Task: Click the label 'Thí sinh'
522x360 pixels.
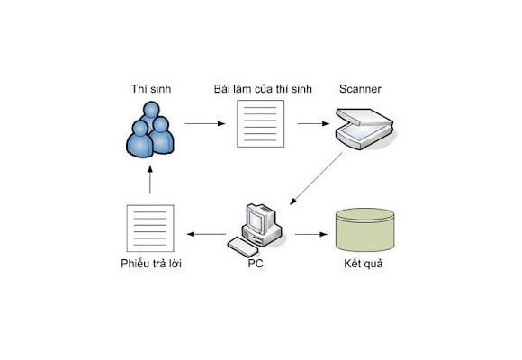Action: point(151,89)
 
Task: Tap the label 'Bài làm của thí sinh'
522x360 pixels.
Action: point(263,89)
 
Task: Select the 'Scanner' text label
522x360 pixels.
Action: point(360,89)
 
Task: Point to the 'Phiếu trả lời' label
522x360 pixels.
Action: point(151,264)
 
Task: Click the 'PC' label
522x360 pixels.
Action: point(256,264)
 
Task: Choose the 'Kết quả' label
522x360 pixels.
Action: point(364,264)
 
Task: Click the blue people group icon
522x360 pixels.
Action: point(150,130)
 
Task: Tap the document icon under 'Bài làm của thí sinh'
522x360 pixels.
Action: point(260,123)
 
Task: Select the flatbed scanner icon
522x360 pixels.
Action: point(365,129)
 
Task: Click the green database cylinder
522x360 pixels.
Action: point(365,229)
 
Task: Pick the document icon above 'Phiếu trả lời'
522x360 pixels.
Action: point(150,229)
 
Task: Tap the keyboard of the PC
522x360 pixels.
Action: point(241,247)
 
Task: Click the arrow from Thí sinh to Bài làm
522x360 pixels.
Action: point(204,123)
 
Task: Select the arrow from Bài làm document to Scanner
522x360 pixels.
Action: point(313,123)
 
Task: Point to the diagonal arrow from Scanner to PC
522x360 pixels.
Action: point(316,179)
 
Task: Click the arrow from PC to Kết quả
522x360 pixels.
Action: point(311,234)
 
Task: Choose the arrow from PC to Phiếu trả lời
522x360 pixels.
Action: point(207,234)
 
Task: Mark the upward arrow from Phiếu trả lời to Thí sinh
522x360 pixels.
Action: point(150,179)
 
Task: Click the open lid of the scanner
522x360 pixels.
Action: point(364,117)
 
